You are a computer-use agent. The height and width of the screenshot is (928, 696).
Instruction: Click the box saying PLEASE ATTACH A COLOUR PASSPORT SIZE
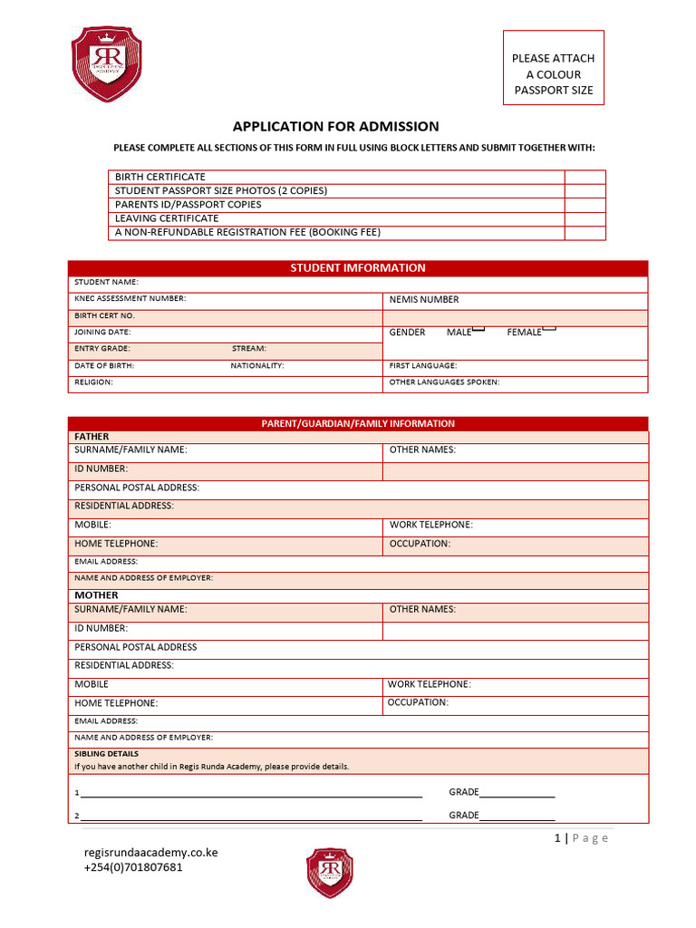(x=553, y=74)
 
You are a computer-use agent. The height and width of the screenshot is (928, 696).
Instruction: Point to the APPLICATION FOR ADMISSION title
(x=335, y=127)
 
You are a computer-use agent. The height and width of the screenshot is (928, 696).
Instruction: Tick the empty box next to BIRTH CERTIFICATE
(x=585, y=177)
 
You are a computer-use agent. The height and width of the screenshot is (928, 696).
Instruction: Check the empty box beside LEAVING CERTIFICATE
(x=585, y=218)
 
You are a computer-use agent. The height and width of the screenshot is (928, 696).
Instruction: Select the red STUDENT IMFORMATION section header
(x=358, y=268)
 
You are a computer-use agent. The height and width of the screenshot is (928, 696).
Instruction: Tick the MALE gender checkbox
(x=478, y=329)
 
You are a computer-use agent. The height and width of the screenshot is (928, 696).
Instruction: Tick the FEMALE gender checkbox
(x=548, y=329)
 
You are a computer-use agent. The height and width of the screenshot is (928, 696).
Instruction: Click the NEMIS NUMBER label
(x=424, y=300)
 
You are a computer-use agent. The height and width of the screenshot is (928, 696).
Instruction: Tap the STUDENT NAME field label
(x=106, y=283)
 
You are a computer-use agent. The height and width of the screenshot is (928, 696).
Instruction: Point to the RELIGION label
(x=93, y=382)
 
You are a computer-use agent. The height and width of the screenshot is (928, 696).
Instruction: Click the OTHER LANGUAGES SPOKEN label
(x=444, y=382)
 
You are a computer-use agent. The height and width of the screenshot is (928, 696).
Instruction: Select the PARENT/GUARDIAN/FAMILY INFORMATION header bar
(x=358, y=423)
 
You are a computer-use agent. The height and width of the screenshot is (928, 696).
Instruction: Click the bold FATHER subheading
(x=92, y=437)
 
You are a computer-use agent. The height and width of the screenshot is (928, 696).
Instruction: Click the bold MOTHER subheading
(x=96, y=595)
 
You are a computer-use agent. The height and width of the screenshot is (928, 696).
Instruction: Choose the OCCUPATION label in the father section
(x=420, y=544)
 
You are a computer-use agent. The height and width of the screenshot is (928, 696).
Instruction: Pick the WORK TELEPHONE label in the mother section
(x=430, y=684)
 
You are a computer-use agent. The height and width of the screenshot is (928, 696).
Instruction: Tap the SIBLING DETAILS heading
(x=106, y=754)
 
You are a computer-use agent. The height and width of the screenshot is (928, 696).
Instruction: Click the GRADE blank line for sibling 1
(x=517, y=794)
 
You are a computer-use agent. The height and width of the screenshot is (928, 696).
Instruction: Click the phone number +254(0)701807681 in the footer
(x=133, y=867)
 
